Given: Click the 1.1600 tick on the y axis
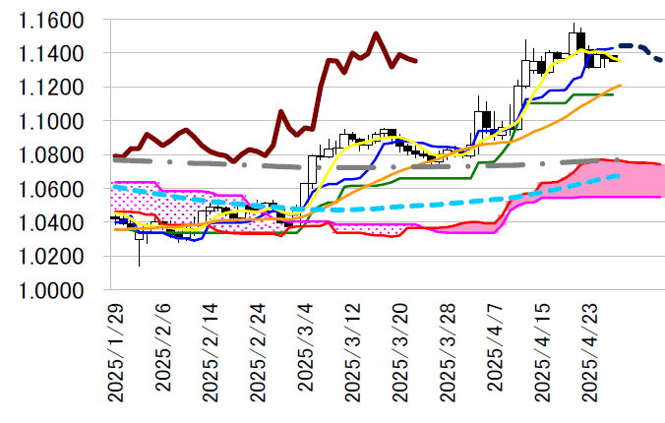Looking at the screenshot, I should point(56,20).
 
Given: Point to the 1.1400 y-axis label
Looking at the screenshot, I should point(56,53).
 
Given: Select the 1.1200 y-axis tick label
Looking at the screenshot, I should point(56,88).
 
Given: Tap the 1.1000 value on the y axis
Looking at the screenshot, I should point(56,121).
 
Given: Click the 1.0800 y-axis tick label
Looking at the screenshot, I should point(56,155).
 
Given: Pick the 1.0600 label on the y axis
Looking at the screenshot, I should point(56,189).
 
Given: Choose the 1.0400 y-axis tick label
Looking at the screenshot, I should point(56,223).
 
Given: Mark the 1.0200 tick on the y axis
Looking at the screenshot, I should point(56,257).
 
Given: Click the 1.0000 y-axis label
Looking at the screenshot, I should point(56,291).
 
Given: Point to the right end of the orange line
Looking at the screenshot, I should point(621,86).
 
